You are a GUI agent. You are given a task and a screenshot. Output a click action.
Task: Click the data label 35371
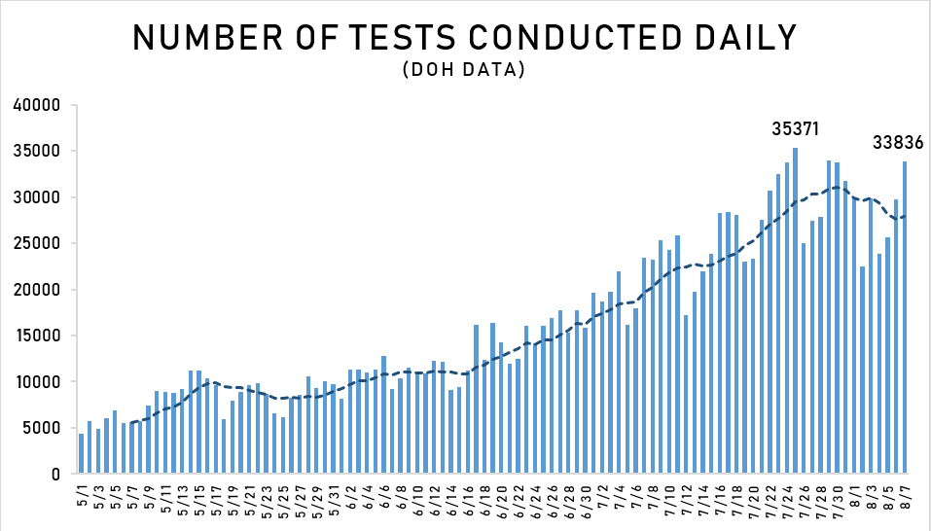pos(796,128)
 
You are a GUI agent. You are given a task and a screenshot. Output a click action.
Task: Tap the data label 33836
pos(896,143)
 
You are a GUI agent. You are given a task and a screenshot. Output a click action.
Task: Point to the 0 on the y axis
pos(57,474)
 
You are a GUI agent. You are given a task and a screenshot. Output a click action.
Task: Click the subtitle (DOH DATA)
pos(464,70)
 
